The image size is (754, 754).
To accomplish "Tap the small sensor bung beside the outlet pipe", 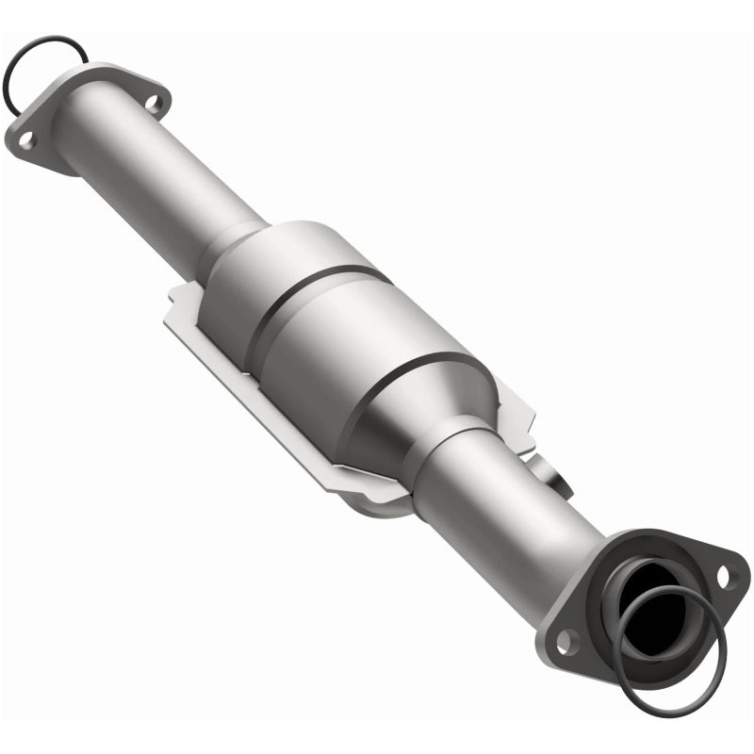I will pos(549,471).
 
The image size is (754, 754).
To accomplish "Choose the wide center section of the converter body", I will pos(368,358).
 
